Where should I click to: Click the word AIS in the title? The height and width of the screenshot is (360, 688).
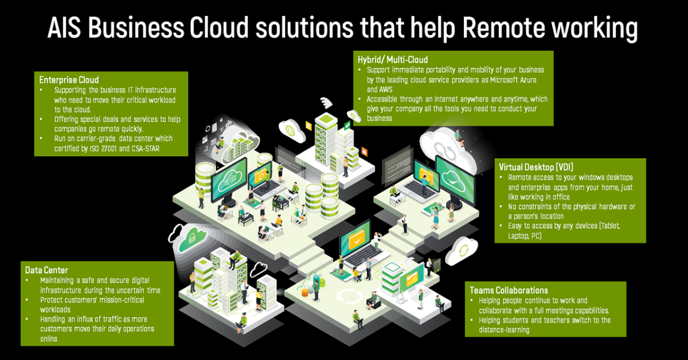64,28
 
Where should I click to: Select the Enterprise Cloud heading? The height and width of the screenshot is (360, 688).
69,80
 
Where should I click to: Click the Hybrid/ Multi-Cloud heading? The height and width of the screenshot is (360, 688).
393,59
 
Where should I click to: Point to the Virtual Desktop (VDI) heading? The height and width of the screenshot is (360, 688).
536,167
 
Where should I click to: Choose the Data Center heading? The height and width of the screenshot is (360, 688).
46,270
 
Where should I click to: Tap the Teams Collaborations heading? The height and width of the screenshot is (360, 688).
509,290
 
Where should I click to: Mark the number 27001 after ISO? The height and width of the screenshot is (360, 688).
108,148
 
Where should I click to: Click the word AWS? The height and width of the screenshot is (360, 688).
386,89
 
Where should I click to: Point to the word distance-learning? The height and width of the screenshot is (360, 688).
504,330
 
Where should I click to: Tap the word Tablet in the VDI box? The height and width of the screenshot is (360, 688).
609,226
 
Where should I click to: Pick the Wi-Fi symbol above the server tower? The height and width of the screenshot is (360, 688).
326,102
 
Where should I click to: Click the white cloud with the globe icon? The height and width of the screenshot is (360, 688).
291,130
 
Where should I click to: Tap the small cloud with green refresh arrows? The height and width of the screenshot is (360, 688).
462,251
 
